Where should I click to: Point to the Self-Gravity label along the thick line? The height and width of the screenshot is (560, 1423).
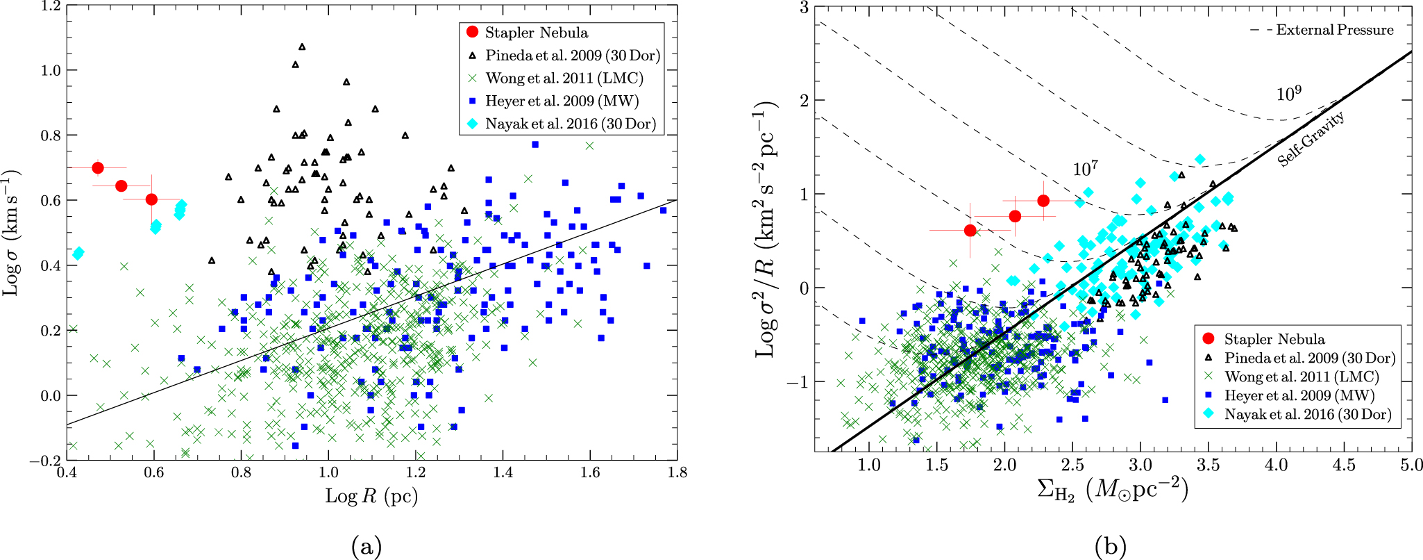[1311, 139]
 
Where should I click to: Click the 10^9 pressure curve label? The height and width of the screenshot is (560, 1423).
[1288, 94]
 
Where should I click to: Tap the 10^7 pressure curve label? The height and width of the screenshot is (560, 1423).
[1085, 169]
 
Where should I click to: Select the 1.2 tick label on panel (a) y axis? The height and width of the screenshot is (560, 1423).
[49, 6]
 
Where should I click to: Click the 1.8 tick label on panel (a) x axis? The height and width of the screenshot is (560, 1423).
[677, 473]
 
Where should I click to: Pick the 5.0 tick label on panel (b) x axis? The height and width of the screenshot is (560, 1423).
[1411, 466]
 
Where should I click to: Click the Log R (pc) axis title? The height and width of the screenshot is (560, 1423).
[371, 496]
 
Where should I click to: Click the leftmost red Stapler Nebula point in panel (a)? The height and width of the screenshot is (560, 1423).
[98, 168]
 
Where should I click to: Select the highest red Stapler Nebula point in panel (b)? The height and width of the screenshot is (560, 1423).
[1043, 201]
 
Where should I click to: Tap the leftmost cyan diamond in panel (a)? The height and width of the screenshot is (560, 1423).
[78, 254]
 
